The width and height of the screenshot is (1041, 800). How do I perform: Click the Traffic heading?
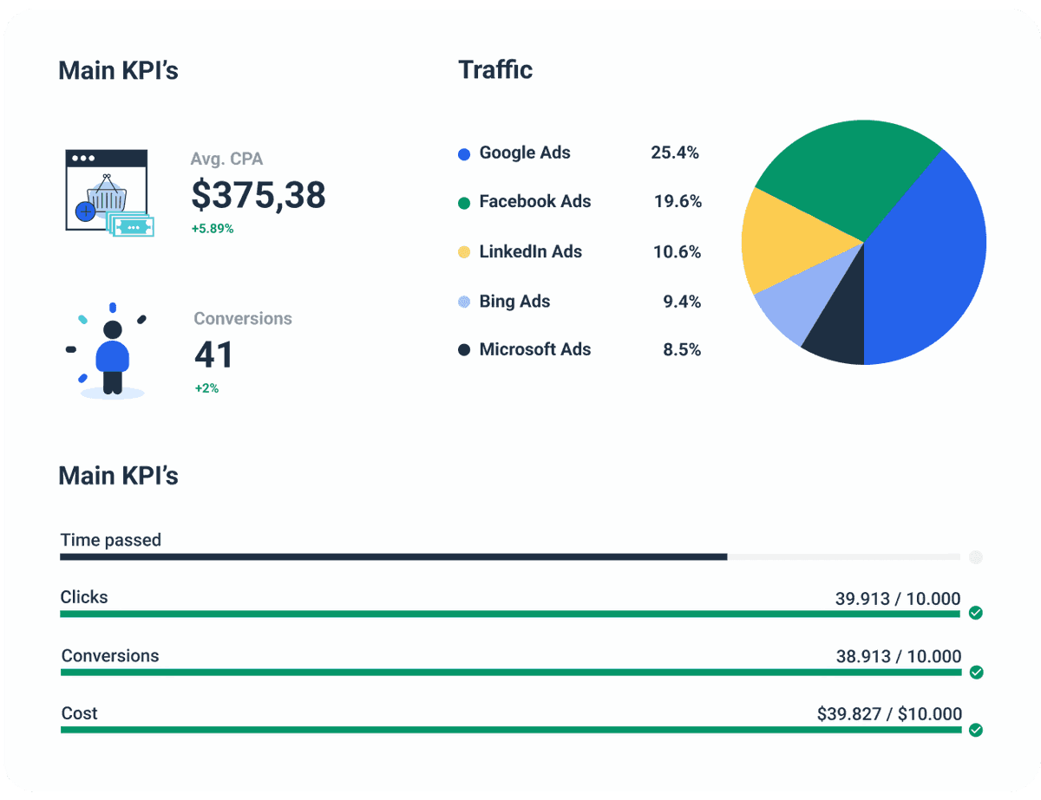(x=495, y=69)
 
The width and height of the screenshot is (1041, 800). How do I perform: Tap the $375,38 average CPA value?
(x=259, y=195)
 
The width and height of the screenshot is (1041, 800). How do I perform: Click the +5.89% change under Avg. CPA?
(x=213, y=229)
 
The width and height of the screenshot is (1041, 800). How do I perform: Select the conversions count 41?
(x=213, y=354)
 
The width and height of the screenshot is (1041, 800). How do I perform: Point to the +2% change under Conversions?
(x=206, y=388)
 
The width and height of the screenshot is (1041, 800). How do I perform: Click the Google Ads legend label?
(x=525, y=153)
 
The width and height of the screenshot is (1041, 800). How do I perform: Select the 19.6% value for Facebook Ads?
(x=678, y=201)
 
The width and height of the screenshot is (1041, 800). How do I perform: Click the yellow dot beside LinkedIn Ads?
(x=464, y=252)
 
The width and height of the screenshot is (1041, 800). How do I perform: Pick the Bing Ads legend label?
(x=514, y=302)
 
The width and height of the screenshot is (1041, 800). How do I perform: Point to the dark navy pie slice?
(x=837, y=334)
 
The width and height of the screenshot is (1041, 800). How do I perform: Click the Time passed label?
(x=110, y=540)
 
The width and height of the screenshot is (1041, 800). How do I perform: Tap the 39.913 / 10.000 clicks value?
(x=898, y=598)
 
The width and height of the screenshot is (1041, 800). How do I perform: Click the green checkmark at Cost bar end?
(x=975, y=730)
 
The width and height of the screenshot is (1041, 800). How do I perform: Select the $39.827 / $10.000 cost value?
(x=889, y=714)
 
